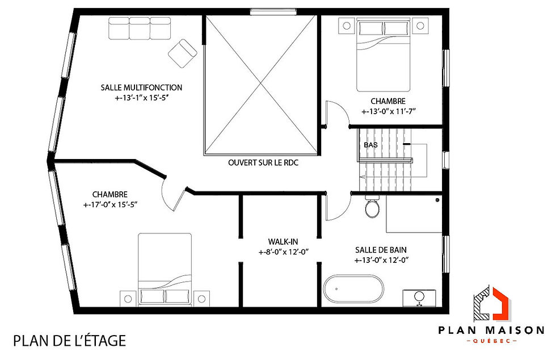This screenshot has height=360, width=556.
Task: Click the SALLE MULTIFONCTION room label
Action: point(141,87)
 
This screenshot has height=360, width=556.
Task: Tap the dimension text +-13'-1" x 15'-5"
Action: point(141,98)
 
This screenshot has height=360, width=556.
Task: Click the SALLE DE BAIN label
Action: point(381,250)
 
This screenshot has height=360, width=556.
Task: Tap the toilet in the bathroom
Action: point(373,208)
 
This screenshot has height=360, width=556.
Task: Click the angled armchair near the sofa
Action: point(183,52)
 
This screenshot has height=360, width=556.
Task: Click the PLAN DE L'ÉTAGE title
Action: point(69,341)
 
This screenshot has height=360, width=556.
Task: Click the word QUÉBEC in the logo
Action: point(491,341)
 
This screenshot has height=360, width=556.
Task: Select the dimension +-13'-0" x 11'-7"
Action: point(389,111)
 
